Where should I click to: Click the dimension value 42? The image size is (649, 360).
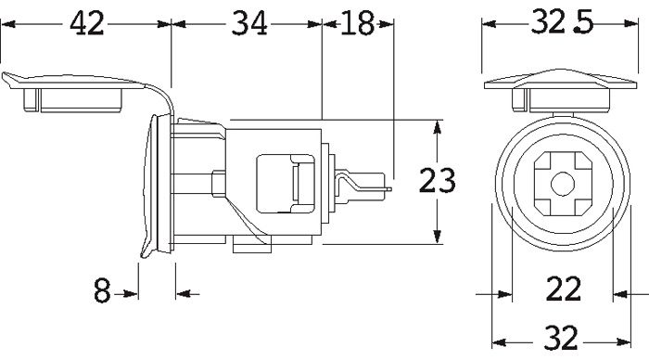click(86, 23)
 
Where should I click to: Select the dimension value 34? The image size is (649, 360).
click(248, 23)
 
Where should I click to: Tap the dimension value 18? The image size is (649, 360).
click(357, 23)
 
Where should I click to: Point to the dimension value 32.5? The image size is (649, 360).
click(562, 23)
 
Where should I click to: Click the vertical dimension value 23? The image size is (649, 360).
click(437, 181)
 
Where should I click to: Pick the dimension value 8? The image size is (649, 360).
click(102, 290)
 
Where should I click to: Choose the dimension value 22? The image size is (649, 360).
click(564, 289)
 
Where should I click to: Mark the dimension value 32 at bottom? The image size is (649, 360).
click(560, 338)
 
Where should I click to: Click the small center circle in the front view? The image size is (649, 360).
click(563, 184)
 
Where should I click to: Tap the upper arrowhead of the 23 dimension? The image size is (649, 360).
click(437, 127)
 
